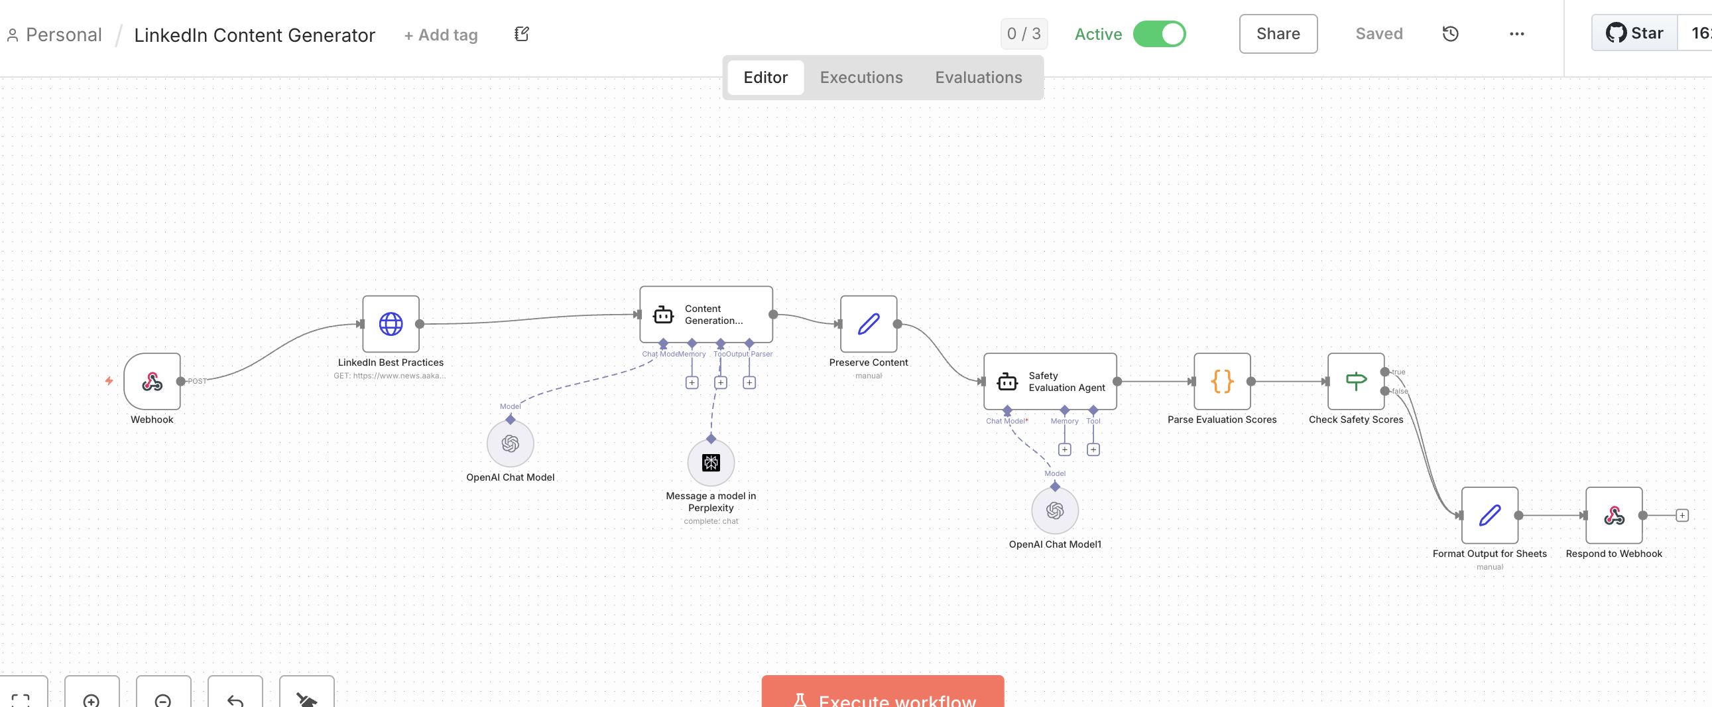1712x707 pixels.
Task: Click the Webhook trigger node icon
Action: click(x=153, y=381)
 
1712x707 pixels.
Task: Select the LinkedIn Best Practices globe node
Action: click(x=391, y=324)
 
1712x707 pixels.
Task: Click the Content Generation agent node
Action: click(x=705, y=315)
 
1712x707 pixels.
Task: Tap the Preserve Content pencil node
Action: click(x=868, y=324)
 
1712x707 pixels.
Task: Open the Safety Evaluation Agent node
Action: click(x=1050, y=381)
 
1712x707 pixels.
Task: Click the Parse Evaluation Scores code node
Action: click(x=1221, y=381)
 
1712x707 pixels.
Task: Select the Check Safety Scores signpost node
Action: click(x=1356, y=381)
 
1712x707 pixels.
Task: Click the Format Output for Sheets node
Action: click(x=1489, y=515)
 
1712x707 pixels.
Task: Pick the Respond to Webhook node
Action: click(x=1614, y=515)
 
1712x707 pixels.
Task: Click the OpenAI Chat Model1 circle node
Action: click(x=1055, y=511)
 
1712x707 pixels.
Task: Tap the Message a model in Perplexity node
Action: click(x=710, y=463)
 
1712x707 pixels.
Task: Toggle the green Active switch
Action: click(x=1159, y=34)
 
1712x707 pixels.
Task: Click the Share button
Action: click(x=1277, y=34)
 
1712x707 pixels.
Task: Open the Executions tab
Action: click(x=861, y=78)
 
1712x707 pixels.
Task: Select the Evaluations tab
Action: click(x=977, y=78)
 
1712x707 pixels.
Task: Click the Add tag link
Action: click(x=441, y=35)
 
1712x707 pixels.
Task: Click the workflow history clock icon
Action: click(x=1450, y=34)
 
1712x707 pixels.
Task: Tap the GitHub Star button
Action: click(x=1634, y=33)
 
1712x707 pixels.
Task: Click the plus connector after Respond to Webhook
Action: click(x=1681, y=515)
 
